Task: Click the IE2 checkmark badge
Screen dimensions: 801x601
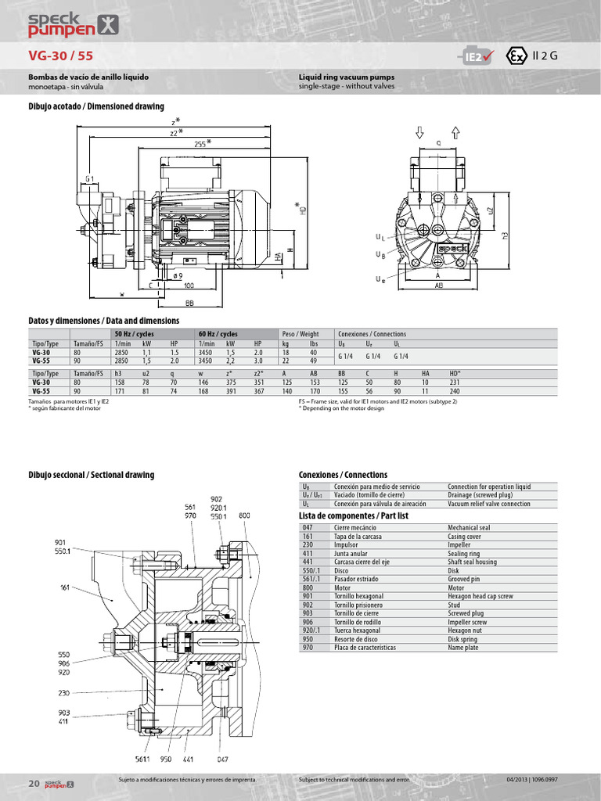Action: coord(474,57)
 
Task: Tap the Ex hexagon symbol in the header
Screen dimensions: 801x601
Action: coord(515,57)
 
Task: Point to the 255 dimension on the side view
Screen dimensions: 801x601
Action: coord(201,143)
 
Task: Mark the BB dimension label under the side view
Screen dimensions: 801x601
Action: coord(189,302)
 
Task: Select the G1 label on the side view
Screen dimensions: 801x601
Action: coord(90,179)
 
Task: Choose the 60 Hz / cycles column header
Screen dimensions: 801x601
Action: coord(218,334)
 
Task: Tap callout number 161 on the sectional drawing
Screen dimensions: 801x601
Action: coord(64,587)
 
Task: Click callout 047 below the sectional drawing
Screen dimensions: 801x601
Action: coord(223,759)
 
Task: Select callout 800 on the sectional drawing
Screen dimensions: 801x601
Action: coord(244,515)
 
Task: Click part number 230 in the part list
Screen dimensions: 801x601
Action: coord(307,545)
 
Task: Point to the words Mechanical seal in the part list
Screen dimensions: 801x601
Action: coord(470,529)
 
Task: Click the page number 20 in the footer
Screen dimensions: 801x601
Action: coord(34,782)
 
